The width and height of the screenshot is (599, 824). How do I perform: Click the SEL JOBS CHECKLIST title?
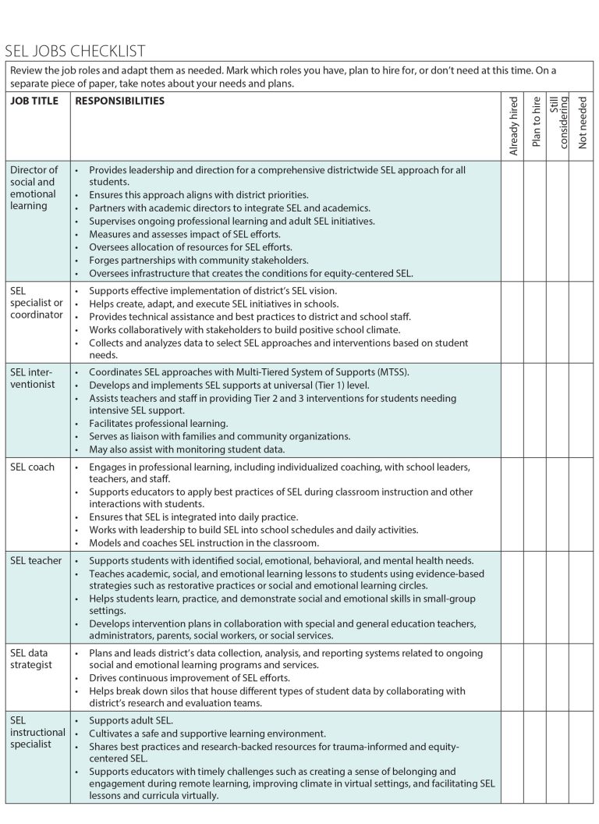coord(75,51)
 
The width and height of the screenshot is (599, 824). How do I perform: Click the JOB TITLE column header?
coord(34,101)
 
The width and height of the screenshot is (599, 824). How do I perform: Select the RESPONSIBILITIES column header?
coord(119,101)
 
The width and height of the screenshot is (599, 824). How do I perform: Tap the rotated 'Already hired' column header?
coord(513,126)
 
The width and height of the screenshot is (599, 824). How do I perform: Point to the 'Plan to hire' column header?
coord(536,122)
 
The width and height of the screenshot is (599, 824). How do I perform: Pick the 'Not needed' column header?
coord(583,122)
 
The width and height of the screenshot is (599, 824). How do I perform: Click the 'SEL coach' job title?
coord(33,467)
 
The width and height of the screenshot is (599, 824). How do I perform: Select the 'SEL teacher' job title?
coord(36,560)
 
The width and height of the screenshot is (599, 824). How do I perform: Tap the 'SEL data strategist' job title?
coord(31,659)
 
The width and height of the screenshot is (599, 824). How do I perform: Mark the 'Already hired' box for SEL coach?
coord(512,504)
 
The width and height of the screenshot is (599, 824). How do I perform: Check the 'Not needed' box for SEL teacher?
coord(581,597)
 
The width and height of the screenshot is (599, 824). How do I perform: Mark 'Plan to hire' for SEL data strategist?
coord(534,677)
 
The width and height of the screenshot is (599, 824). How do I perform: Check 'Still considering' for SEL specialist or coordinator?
coord(558,321)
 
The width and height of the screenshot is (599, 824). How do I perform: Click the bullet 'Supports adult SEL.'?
coord(131,720)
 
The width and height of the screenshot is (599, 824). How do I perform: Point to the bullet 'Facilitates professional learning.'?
coord(158,423)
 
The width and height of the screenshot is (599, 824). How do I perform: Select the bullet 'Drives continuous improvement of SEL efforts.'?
coord(189,678)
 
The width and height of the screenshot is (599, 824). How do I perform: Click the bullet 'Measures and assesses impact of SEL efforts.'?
coord(184,234)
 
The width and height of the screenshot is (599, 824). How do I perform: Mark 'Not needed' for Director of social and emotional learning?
coord(581,221)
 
